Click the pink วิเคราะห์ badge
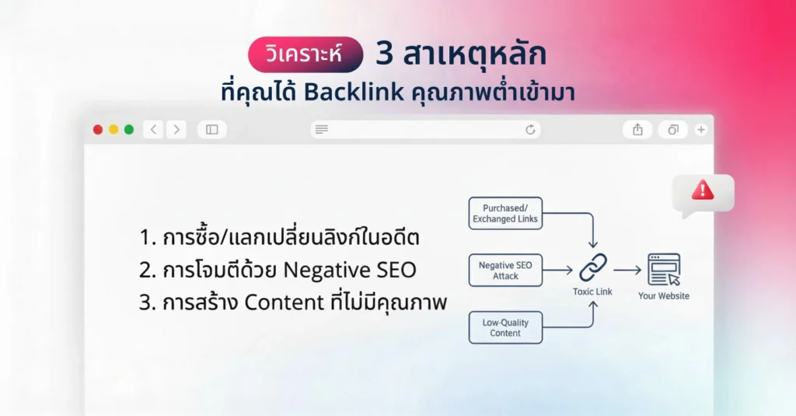tap(305, 55)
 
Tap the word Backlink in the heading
tap(354, 91)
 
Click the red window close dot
tap(98, 130)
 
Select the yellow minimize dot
tap(113, 130)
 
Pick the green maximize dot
tap(129, 130)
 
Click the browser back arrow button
tap(153, 130)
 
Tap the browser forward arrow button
tap(176, 130)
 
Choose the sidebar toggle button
tap(211, 130)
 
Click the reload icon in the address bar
tap(531, 130)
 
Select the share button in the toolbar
tap(637, 130)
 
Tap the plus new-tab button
tap(700, 130)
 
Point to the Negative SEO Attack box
tap(505, 271)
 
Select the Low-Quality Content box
tap(505, 327)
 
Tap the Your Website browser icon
tap(663, 270)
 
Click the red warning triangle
tap(702, 190)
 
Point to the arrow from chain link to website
tap(627, 271)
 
